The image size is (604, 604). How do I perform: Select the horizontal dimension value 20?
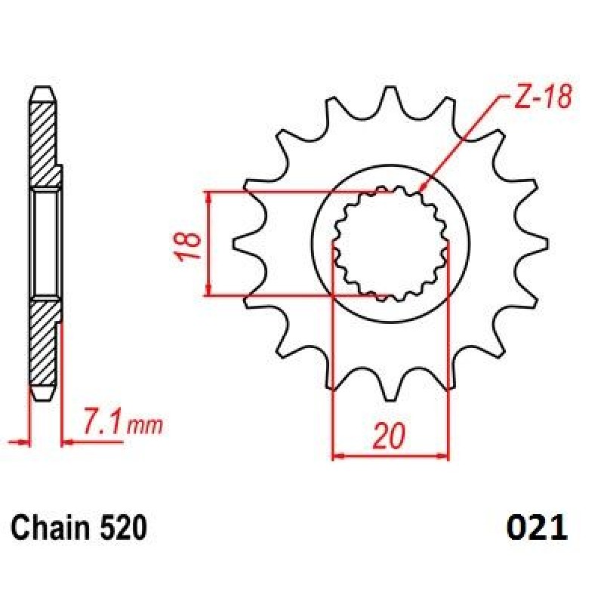(390, 436)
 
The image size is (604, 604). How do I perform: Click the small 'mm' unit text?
(144, 426)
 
